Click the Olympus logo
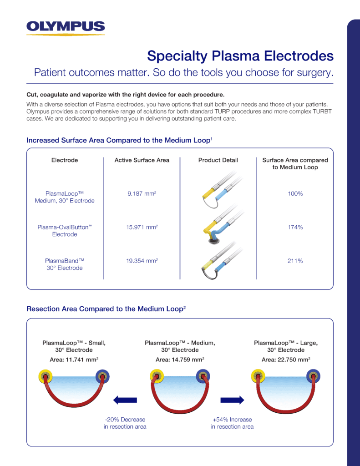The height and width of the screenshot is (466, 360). pyautogui.click(x=66, y=28)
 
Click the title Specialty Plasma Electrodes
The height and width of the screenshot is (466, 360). pyautogui.click(x=240, y=56)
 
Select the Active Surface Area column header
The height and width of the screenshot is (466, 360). pyautogui.click(x=142, y=160)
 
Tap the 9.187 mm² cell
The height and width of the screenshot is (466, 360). pyautogui.click(x=142, y=194)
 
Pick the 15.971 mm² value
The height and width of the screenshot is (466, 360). pyautogui.click(x=142, y=227)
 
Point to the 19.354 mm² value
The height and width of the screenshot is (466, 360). pyautogui.click(x=142, y=261)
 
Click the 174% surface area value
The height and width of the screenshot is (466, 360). pyautogui.click(x=295, y=227)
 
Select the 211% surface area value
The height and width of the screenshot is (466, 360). pyautogui.click(x=295, y=261)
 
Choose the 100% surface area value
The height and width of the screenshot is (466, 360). pyautogui.click(x=295, y=194)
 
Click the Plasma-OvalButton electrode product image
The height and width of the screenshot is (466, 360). pyautogui.click(x=218, y=227)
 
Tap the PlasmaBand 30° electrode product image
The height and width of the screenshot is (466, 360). pyautogui.click(x=219, y=264)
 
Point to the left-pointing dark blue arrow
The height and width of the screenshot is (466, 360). pyautogui.click(x=124, y=400)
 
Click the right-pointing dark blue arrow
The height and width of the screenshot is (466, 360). pyautogui.click(x=232, y=400)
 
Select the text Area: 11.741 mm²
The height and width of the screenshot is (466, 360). pyautogui.click(x=74, y=360)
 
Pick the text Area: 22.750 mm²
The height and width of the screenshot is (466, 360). pyautogui.click(x=286, y=360)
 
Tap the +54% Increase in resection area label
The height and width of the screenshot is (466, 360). pyautogui.click(x=232, y=423)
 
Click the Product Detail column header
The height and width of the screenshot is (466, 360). pyautogui.click(x=218, y=160)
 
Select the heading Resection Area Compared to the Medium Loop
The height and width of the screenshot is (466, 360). pyautogui.click(x=106, y=309)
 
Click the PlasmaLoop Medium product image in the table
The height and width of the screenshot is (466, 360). pyautogui.click(x=219, y=191)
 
